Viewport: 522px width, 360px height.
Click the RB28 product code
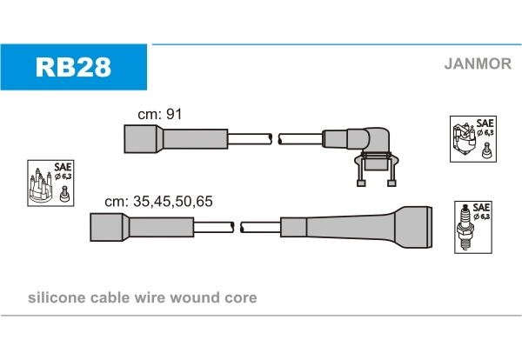point(73,67)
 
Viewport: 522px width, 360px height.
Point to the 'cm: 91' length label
point(159,115)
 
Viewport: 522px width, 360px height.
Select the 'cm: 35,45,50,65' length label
point(158,201)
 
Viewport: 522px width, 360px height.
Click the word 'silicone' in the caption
point(57,297)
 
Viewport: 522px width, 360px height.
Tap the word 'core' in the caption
point(240,297)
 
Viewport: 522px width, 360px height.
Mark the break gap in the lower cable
point(238,227)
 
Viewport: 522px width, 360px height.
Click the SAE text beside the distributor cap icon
point(63,167)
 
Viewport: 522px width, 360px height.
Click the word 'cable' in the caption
point(108,297)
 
